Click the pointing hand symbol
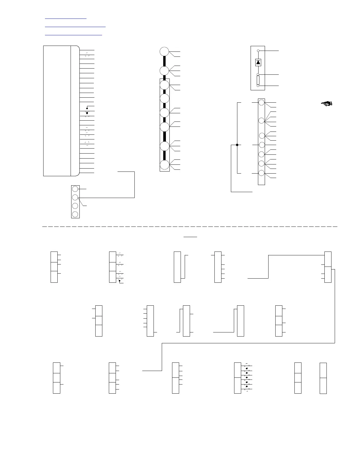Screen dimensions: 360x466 point(326,103)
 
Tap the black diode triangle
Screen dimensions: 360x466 point(258,62)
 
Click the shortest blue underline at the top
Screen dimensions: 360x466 point(66,19)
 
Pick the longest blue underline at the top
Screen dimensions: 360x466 point(75,27)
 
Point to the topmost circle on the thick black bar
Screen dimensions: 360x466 point(164,51)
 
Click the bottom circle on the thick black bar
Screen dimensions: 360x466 point(164,165)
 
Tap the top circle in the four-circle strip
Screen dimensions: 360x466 point(75,189)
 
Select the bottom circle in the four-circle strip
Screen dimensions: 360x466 point(75,214)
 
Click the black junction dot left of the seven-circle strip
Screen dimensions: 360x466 point(237,145)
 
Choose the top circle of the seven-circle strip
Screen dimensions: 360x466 point(261,102)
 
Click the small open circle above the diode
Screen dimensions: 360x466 point(258,51)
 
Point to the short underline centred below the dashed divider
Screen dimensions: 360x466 point(190,237)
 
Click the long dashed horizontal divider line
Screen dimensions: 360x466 point(190,227)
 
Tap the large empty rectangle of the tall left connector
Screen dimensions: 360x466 point(57,111)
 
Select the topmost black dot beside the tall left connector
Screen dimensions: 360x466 point(87,108)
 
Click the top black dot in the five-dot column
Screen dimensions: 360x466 point(246,368)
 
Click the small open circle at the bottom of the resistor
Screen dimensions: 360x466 point(258,86)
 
